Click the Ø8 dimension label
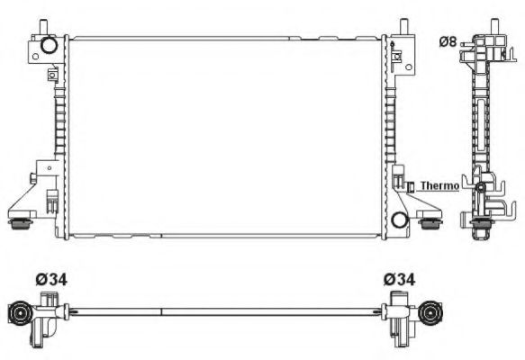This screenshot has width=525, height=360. click(448, 41)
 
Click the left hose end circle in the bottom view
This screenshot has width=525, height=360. click(17, 313)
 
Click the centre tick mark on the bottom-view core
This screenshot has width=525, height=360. click(161, 312)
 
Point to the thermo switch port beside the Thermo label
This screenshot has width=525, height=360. click(410, 186)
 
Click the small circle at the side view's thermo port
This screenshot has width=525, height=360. click(482, 189)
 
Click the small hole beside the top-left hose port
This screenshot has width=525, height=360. click(36, 56)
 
